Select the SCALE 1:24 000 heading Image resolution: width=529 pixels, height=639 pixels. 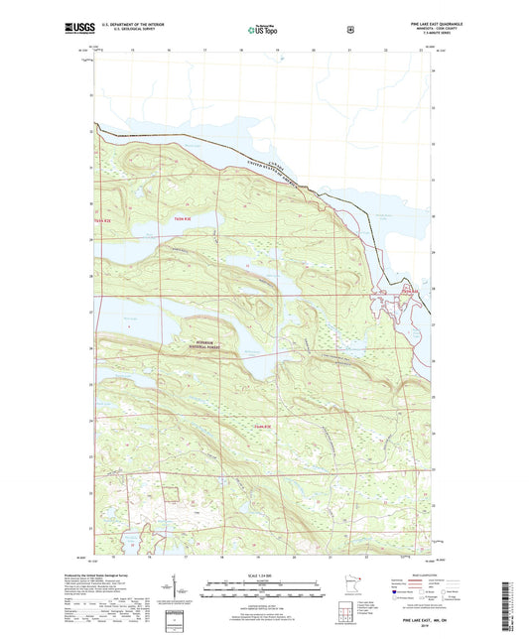point(262,575)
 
